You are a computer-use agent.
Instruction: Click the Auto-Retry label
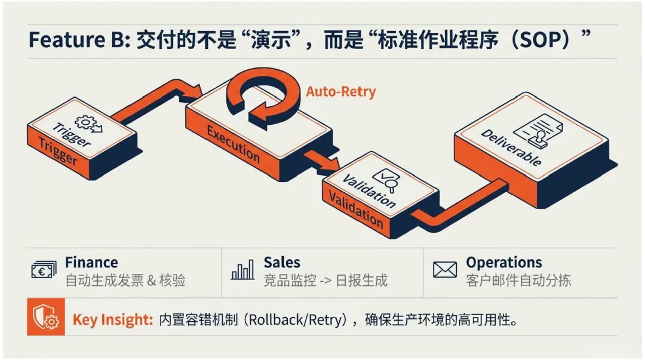(x=340, y=92)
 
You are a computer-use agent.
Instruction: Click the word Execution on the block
(x=233, y=143)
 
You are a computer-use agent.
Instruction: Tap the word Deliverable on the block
(x=511, y=147)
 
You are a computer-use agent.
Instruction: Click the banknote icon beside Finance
(x=44, y=270)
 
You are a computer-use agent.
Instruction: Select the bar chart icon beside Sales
(x=242, y=270)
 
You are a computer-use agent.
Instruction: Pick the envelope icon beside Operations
(x=444, y=270)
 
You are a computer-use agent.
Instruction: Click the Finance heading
(x=91, y=263)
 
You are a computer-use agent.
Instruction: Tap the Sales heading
(x=282, y=263)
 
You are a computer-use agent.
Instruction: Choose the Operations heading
(x=504, y=263)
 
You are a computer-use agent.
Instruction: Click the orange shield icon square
(x=46, y=319)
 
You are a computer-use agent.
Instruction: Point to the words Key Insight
(x=112, y=320)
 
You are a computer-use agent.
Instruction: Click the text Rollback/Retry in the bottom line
(x=297, y=320)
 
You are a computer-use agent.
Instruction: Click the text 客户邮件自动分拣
(x=518, y=280)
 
